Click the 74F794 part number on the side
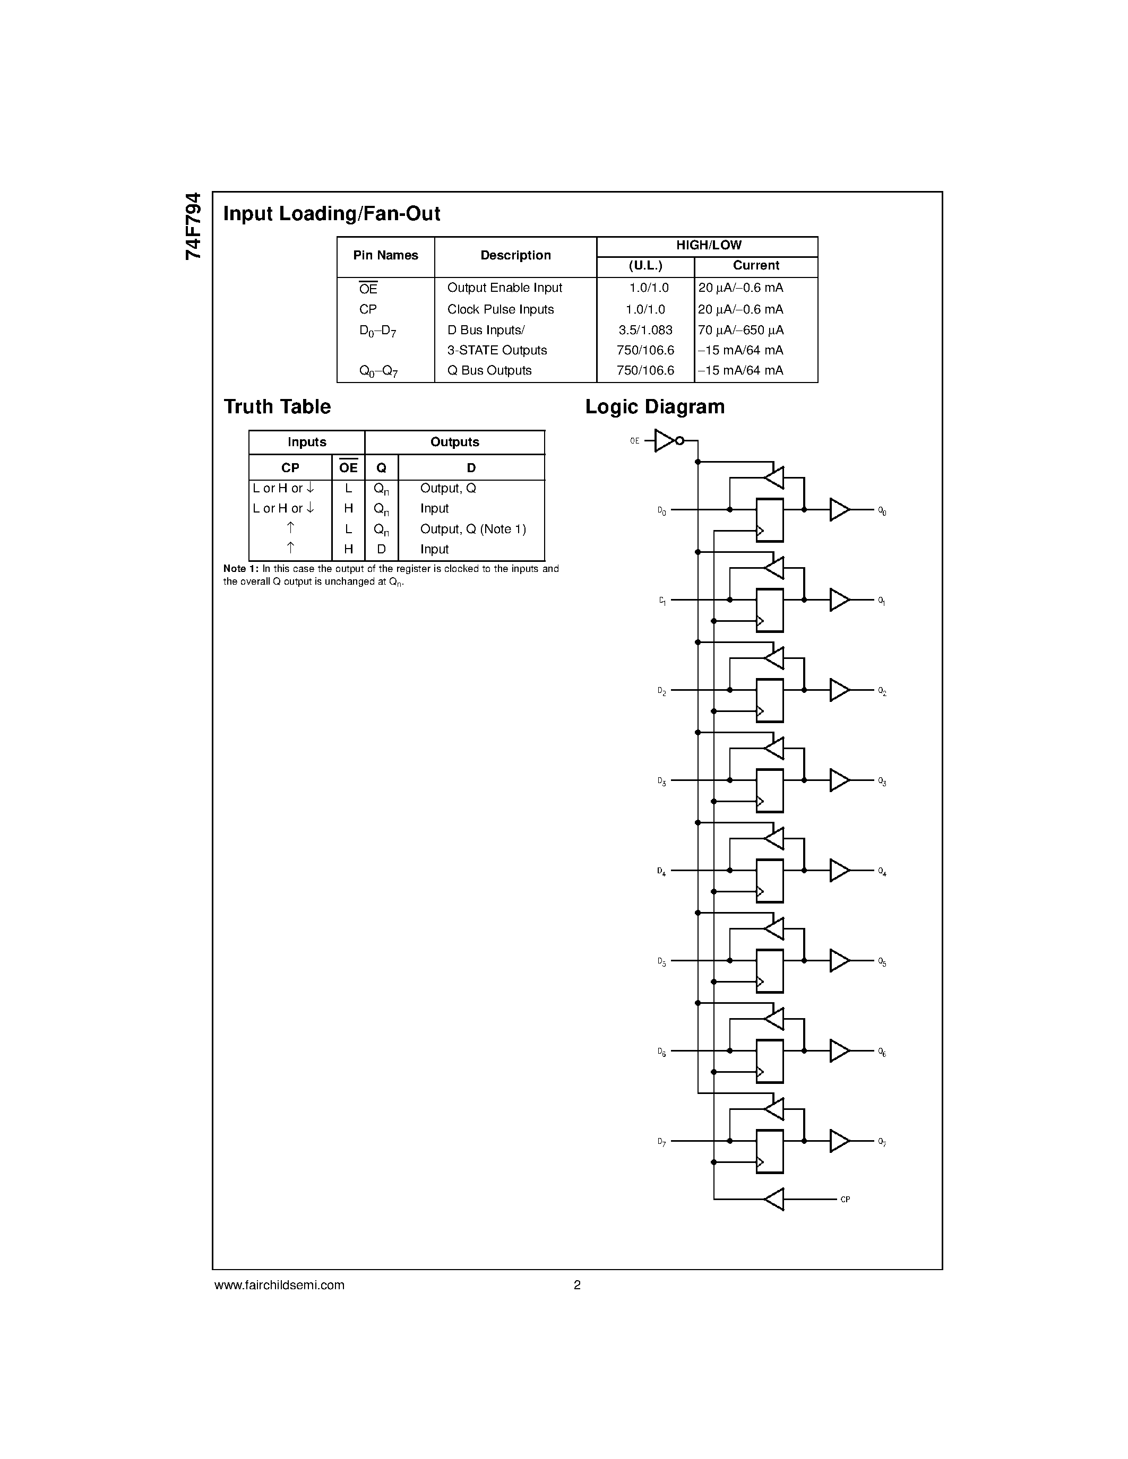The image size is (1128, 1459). point(193,226)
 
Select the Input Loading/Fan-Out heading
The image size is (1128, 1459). point(331,214)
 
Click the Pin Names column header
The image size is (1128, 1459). point(385,255)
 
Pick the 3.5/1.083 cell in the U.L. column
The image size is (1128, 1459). point(645,330)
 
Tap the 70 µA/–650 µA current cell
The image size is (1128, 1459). point(740,330)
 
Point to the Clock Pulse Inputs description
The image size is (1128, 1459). point(501,309)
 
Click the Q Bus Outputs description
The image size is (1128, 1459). point(489,370)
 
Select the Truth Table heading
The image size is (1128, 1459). point(277,407)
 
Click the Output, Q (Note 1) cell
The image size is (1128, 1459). point(473,529)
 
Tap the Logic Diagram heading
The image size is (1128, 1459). point(655,407)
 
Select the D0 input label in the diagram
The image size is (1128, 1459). point(661,512)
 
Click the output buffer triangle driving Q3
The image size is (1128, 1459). point(839,780)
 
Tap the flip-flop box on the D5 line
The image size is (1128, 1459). point(769,971)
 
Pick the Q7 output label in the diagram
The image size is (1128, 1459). point(882,1142)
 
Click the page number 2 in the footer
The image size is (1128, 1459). point(578,1284)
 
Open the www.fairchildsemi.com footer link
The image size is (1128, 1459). point(279,1284)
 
